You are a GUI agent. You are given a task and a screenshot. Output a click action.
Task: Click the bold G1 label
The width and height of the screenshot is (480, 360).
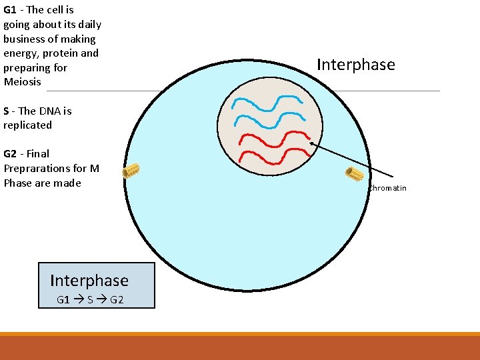11,10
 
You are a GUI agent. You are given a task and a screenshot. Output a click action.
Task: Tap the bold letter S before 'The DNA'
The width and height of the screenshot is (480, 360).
7,111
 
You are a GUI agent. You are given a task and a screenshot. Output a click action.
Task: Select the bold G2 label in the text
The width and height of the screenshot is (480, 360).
11,154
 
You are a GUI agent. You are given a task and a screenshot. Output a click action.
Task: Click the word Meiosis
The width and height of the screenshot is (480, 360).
22,82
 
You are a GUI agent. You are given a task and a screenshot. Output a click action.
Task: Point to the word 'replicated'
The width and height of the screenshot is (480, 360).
27,125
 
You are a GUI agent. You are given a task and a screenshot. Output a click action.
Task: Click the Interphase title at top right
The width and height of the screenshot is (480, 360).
355,65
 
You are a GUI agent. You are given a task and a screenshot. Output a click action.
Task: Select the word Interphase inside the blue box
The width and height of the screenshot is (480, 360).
89,280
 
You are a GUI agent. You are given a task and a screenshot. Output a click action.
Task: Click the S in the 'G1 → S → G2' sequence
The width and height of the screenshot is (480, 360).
90,300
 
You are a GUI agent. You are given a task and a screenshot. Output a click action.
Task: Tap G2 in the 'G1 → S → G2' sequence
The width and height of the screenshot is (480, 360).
117,300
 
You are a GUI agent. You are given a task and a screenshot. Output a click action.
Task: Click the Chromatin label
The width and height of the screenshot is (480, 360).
387,188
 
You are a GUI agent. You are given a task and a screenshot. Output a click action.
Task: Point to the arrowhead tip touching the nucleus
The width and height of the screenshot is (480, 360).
311,142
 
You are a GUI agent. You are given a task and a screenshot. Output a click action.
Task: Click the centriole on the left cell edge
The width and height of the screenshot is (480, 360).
131,171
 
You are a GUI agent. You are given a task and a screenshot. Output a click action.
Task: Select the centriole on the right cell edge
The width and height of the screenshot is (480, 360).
354,174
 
